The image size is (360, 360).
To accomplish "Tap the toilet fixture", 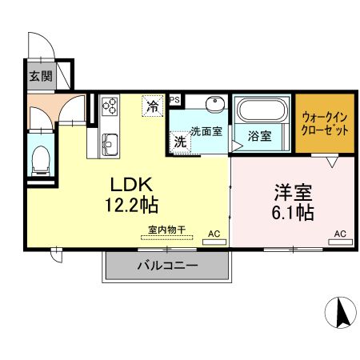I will tap(40, 162).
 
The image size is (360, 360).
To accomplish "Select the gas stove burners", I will tap(110, 106).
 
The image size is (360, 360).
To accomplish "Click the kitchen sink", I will tap(110, 146).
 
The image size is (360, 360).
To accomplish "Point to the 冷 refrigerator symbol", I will tap(151, 105).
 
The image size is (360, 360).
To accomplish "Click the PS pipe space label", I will tap(174, 99).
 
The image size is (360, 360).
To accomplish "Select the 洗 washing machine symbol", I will tap(181, 140).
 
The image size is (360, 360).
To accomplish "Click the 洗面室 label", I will tap(206, 130).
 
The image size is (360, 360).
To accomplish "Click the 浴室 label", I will tap(259, 136).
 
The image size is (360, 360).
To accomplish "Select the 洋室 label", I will tap(293, 193).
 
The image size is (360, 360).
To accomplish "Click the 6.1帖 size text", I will tap(293, 213).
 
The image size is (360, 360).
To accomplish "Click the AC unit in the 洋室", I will tap(339, 236).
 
